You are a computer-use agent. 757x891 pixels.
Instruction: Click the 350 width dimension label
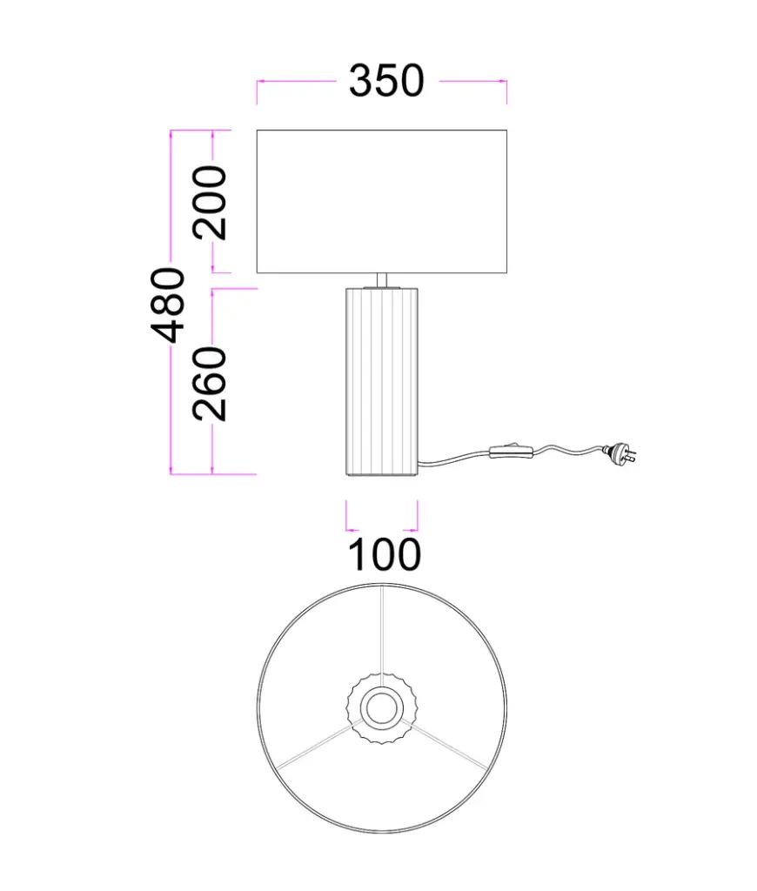pos(385,81)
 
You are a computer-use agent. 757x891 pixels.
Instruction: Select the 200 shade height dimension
pos(211,202)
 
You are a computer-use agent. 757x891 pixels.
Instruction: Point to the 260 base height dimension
pos(211,383)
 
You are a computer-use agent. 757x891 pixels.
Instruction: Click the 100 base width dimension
pos(384,554)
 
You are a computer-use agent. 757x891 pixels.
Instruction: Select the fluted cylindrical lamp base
pos(381,381)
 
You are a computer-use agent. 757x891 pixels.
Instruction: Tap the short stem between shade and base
pos(381,278)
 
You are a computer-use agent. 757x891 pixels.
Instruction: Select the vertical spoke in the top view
pos(381,631)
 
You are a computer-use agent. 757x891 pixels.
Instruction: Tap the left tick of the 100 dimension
pos(346,515)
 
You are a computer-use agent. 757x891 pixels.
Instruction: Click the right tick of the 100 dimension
pos(418,515)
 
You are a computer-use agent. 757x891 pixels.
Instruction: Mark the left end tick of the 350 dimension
pos(257,90)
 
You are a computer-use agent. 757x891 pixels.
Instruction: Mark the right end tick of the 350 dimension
pos(506,90)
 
